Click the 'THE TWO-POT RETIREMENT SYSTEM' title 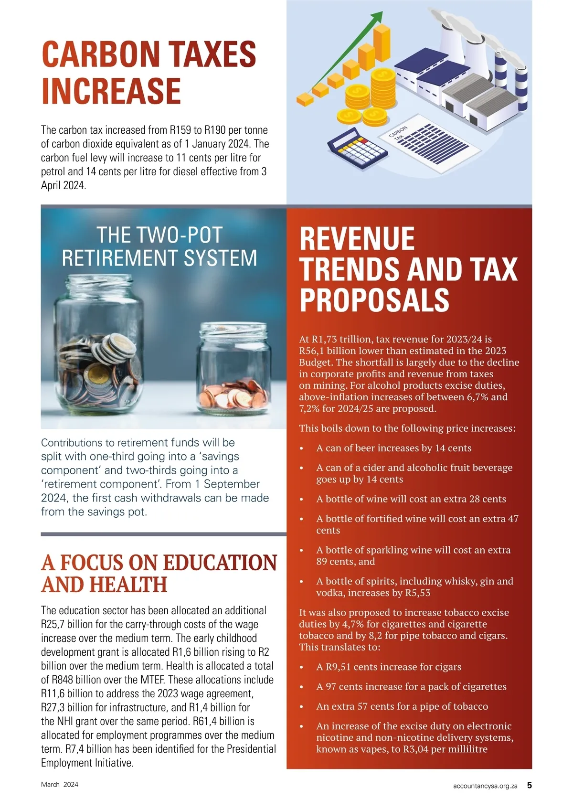coord(159,246)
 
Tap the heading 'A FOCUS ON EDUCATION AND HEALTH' coord(159,573)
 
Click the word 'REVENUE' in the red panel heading coord(357,239)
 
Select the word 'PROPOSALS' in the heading coord(374,300)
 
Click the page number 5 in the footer coord(530,785)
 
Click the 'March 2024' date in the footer coord(60,785)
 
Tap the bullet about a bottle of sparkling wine coord(413,556)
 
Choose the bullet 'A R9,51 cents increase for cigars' coord(389,667)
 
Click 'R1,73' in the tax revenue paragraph coord(325,340)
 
